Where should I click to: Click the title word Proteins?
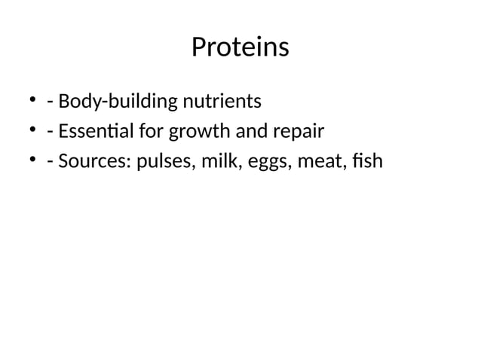point(240,47)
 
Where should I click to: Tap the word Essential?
point(97,133)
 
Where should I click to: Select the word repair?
point(299,133)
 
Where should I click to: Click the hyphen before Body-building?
point(49,102)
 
